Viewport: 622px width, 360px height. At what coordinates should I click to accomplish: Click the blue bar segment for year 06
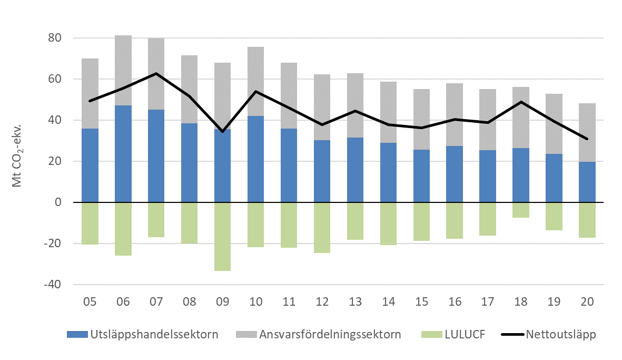pos(123,154)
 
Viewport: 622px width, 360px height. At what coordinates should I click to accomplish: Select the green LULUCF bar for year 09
pos(223,236)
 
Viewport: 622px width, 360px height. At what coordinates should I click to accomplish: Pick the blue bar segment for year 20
pos(587,182)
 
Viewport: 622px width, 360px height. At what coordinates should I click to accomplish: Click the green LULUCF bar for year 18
pos(521,210)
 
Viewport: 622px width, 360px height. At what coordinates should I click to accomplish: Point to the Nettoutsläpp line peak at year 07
pos(156,73)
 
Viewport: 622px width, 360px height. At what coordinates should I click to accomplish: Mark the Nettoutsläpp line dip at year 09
pos(223,131)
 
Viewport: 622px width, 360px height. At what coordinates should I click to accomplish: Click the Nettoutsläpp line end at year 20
pos(587,139)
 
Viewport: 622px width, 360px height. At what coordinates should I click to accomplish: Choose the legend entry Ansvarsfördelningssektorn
pos(322,334)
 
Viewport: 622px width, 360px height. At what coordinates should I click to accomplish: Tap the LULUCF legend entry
pos(454,334)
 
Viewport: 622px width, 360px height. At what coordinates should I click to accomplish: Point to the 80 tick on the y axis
pos(55,38)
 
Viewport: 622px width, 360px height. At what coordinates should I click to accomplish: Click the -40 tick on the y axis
pos(53,285)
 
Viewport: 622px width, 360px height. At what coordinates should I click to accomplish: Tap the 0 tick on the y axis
pos(58,202)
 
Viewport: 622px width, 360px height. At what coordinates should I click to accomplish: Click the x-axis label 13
pos(355,302)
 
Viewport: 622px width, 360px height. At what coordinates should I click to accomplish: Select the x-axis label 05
pos(90,302)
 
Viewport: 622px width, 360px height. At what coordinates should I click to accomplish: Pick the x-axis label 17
pos(488,302)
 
